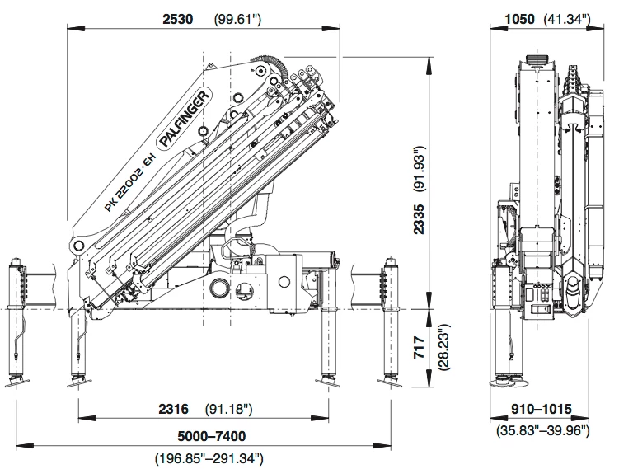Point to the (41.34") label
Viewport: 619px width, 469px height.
coord(570,19)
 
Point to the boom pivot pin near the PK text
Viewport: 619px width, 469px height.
coord(79,246)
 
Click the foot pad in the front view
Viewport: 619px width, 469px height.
coord(508,382)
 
